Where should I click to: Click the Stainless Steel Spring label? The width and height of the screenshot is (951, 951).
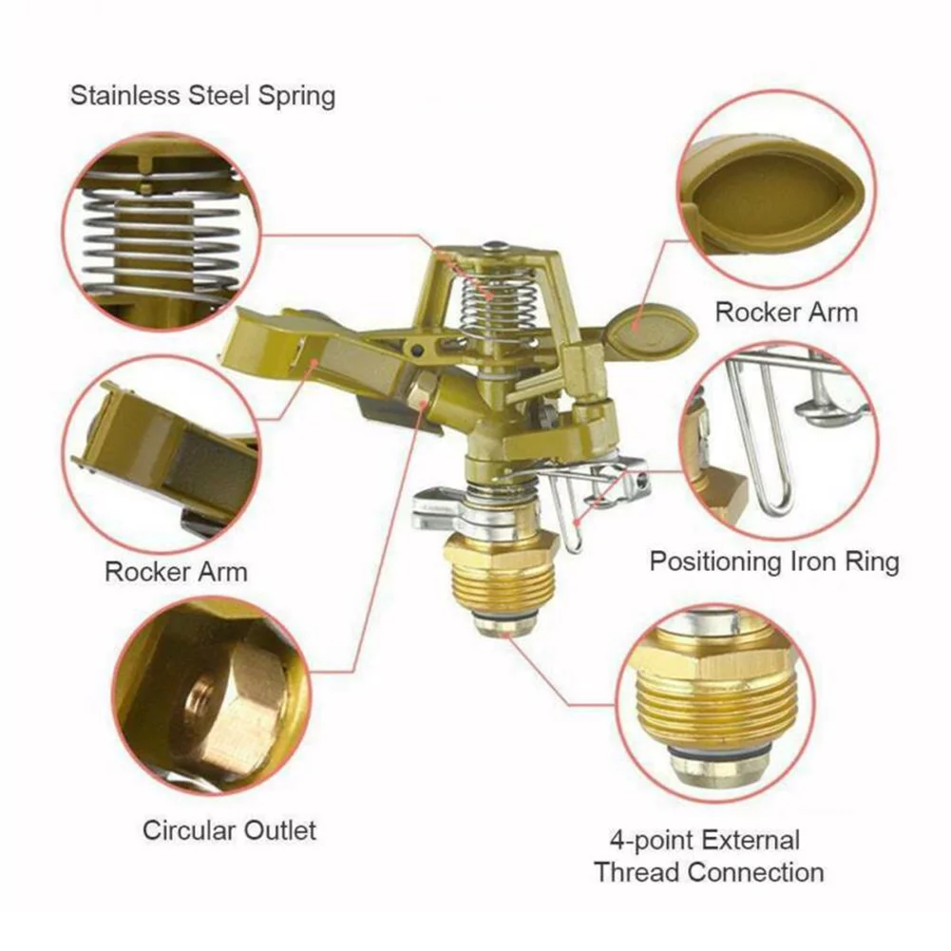tap(202, 96)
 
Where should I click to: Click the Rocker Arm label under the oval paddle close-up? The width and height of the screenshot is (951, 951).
tap(786, 312)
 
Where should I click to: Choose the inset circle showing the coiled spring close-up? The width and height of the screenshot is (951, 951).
tap(159, 231)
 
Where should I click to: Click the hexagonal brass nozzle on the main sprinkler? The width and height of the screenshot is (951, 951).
tap(424, 390)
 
